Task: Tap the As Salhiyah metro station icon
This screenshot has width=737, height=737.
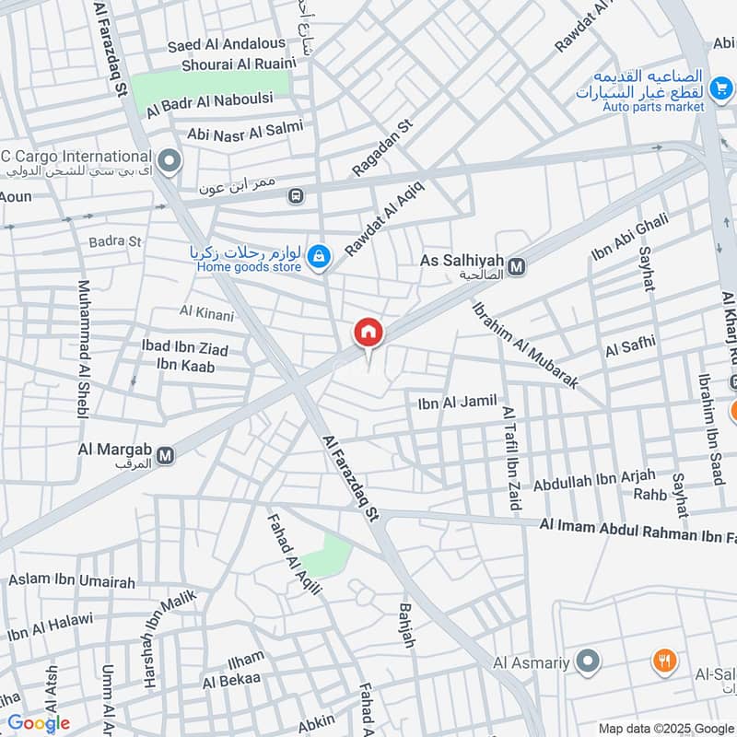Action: tap(517, 267)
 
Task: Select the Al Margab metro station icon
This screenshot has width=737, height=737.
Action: tap(166, 455)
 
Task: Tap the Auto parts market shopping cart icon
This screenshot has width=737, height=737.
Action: tap(721, 89)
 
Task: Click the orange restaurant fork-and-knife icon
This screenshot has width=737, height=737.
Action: tap(664, 660)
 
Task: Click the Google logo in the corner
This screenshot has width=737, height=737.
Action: tap(39, 723)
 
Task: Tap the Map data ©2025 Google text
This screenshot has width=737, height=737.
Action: tap(666, 727)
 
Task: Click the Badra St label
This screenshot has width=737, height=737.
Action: tap(115, 241)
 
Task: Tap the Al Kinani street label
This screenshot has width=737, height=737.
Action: tap(207, 314)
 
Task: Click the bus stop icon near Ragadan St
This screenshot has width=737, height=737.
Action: tap(295, 195)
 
